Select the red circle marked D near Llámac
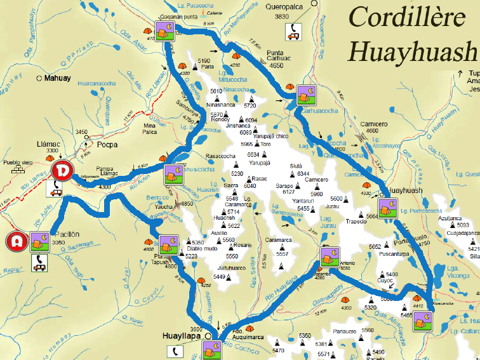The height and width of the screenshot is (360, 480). tap(62, 171)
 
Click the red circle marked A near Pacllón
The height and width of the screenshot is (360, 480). tap(17, 241)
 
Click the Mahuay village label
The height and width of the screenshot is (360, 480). tap(58, 79)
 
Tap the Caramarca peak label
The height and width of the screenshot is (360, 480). tap(278, 240)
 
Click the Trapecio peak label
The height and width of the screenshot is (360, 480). tap(356, 222)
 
